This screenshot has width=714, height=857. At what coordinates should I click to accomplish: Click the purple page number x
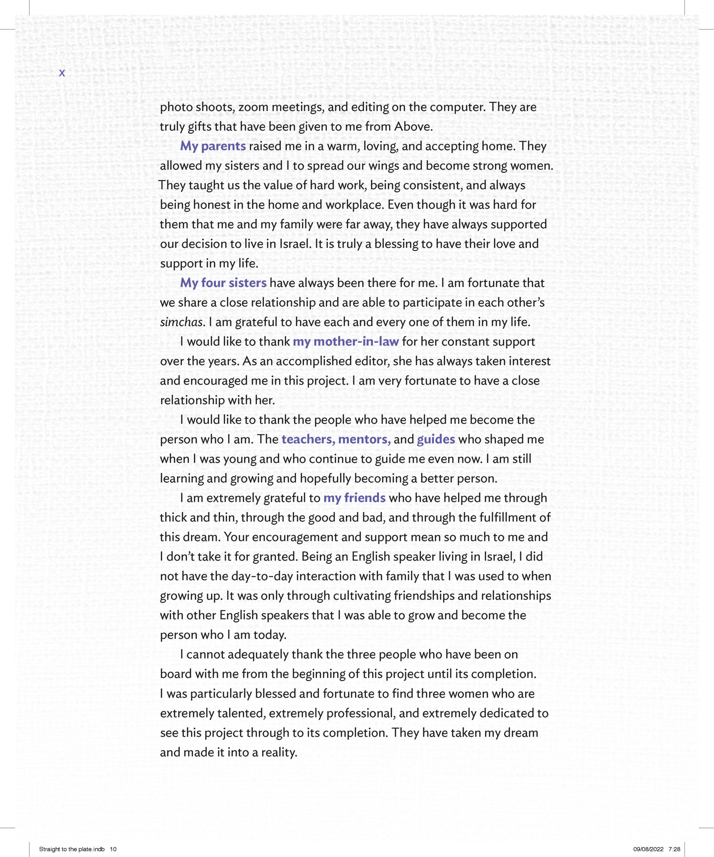point(62,73)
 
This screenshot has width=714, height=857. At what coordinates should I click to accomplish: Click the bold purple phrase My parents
point(213,146)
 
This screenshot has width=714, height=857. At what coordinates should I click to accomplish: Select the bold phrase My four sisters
point(223,283)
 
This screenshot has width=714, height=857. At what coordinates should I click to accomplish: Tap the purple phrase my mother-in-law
point(345,341)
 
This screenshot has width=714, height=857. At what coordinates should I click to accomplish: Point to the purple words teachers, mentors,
point(336,440)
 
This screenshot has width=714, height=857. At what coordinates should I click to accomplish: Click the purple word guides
point(436,440)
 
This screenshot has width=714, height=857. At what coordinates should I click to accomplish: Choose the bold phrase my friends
point(354,498)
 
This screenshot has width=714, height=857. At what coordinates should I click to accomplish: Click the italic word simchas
point(181,322)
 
